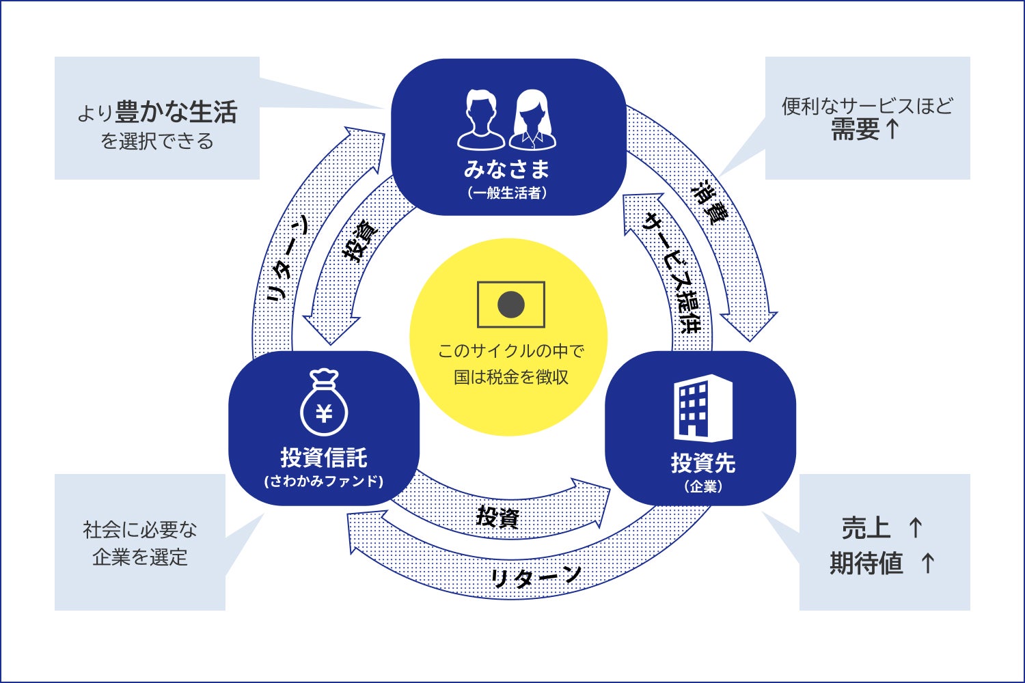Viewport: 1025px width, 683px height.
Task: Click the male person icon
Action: click(x=481, y=120)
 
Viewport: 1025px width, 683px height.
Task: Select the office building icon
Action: click(x=702, y=408)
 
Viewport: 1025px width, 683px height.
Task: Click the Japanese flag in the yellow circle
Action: click(x=511, y=305)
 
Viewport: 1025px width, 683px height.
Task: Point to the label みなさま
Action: click(x=506, y=169)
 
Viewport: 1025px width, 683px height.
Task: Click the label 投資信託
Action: click(x=324, y=457)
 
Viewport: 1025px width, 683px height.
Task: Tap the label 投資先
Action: click(x=702, y=463)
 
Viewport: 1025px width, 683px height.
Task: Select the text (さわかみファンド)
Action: click(x=324, y=481)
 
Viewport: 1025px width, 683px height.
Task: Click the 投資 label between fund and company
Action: click(x=497, y=517)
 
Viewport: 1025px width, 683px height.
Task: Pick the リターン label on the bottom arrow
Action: click(x=536, y=577)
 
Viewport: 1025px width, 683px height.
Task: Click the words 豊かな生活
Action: click(x=176, y=112)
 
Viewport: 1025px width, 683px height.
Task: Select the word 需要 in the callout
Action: click(x=855, y=129)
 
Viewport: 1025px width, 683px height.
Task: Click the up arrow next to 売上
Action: click(x=916, y=527)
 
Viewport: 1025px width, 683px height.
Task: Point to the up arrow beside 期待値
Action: click(x=927, y=563)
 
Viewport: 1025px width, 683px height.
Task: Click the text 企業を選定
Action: click(x=140, y=557)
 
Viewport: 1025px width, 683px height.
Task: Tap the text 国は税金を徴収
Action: click(x=511, y=377)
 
